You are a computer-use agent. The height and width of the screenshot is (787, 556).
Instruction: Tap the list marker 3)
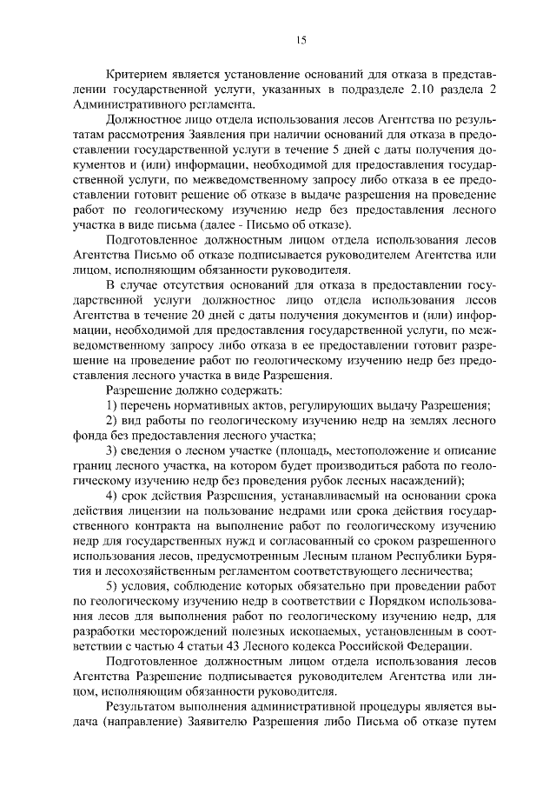(x=112, y=450)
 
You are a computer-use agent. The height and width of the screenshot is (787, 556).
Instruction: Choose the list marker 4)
(x=112, y=495)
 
